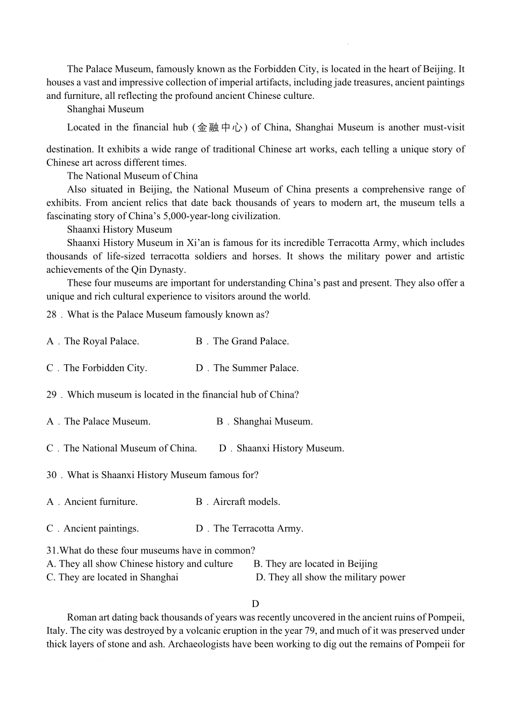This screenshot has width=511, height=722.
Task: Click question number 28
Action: (x=51, y=315)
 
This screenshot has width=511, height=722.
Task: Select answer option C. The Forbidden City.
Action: (x=97, y=368)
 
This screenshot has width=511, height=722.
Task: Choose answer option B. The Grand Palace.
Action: (x=243, y=341)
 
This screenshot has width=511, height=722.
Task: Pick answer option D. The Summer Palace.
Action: (x=247, y=368)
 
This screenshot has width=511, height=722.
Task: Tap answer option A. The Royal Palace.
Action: (x=93, y=341)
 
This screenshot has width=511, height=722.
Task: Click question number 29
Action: (x=51, y=395)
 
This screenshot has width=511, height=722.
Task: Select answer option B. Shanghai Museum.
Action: (x=265, y=422)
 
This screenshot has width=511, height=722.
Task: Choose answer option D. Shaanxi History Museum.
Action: (x=281, y=449)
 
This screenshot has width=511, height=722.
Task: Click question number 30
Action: (x=51, y=475)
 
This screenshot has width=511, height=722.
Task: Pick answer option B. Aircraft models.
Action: (x=238, y=502)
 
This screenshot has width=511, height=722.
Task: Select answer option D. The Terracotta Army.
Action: (x=250, y=529)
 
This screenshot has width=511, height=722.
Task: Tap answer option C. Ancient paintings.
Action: (x=93, y=529)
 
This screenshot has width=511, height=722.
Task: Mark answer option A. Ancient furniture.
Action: (x=92, y=502)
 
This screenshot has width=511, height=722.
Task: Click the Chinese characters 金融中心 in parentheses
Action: (x=221, y=128)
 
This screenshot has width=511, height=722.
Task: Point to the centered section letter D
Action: (x=256, y=604)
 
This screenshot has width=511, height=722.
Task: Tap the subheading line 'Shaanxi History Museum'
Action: (x=119, y=230)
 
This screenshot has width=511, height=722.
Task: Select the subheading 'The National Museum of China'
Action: (x=132, y=176)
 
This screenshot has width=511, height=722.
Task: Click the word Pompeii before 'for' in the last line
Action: (x=433, y=644)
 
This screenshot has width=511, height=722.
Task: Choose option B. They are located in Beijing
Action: (x=316, y=564)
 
